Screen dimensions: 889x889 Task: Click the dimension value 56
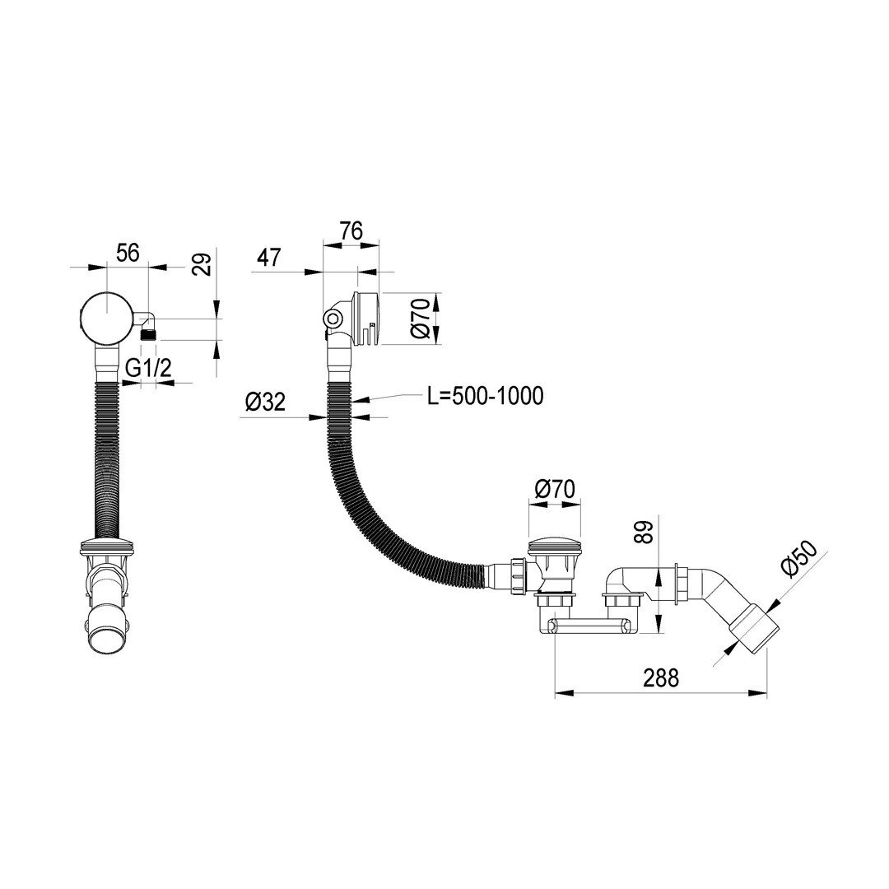click(128, 253)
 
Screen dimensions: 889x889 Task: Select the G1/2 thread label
click(148, 369)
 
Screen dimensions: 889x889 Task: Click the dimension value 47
click(268, 258)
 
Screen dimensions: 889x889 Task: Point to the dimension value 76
click(351, 230)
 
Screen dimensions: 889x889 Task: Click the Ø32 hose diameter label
click(265, 402)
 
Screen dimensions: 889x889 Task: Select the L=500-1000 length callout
click(486, 396)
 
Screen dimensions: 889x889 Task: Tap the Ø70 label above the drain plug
click(555, 489)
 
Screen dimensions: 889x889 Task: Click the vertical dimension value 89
click(645, 532)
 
